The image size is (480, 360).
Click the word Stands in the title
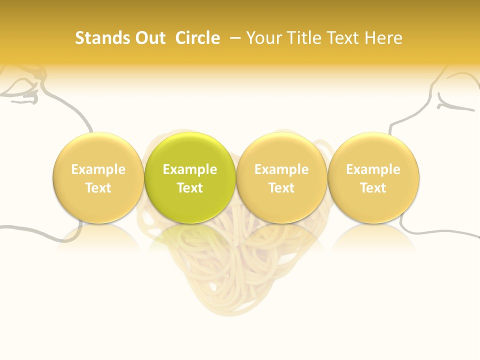102,38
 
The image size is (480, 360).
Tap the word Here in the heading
383,38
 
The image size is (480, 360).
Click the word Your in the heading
263,38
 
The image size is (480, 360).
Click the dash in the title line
235,38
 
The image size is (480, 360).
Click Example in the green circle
190,169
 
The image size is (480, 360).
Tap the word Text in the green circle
190,188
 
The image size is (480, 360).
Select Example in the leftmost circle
98,169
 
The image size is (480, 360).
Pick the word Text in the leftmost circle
98,188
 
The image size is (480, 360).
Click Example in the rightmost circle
373,169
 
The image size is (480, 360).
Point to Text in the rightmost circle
373,188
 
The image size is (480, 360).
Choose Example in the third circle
281,169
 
